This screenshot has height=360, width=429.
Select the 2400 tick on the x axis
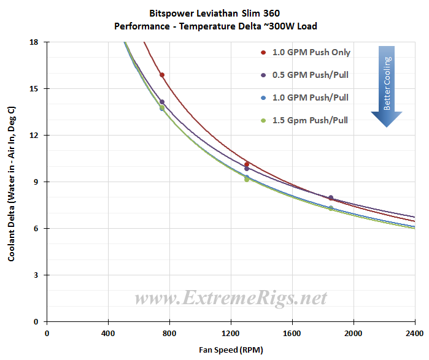pyautogui.click(x=414, y=334)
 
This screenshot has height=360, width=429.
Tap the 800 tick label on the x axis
pyautogui.click(x=170, y=334)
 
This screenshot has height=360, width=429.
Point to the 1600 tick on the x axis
pyautogui.click(x=292, y=334)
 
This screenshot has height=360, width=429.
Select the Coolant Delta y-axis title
pyautogui.click(x=12, y=183)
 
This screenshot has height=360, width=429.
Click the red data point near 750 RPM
pyautogui.click(x=162, y=75)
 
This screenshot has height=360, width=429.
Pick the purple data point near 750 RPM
pyautogui.click(x=162, y=102)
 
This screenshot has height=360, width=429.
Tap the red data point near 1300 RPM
pyautogui.click(x=247, y=164)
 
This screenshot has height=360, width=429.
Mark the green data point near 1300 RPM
pyautogui.click(x=247, y=180)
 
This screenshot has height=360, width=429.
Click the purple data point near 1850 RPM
pyautogui.click(x=331, y=197)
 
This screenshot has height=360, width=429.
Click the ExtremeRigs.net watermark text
pyautogui.click(x=230, y=299)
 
